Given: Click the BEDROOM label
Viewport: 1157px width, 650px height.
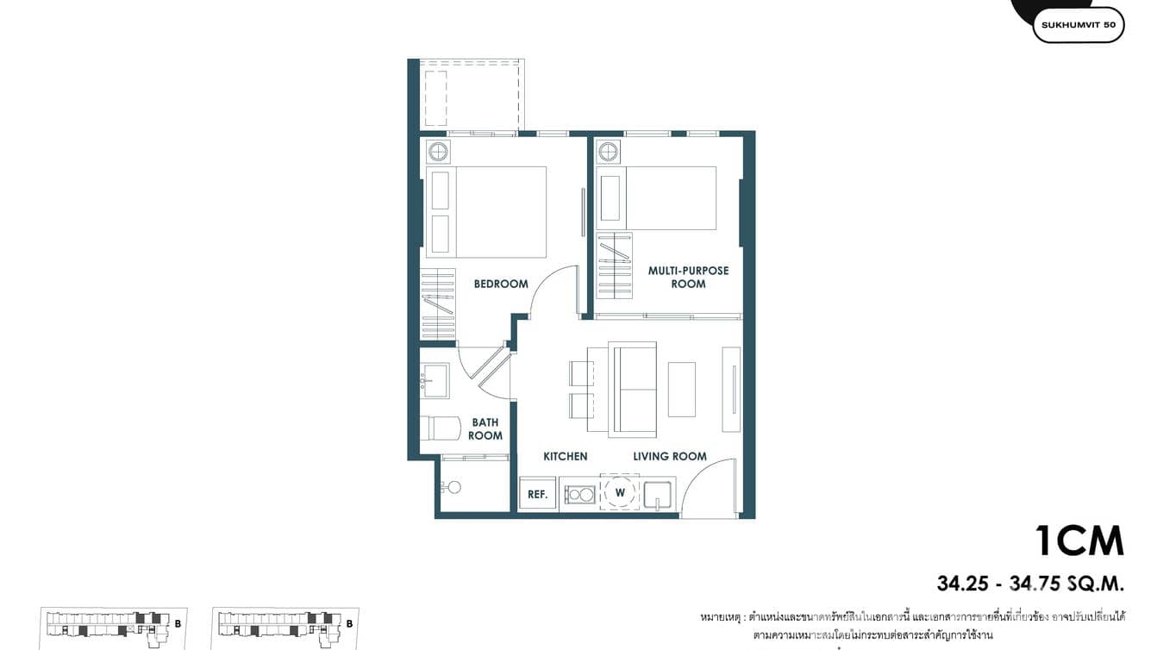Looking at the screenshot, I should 501,284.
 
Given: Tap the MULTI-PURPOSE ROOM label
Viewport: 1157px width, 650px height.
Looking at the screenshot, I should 688,277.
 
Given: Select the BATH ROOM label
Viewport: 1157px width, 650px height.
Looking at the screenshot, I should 485,429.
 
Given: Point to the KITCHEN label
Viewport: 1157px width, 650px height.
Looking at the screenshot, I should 565,456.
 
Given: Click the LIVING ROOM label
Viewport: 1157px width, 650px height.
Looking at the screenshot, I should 670,456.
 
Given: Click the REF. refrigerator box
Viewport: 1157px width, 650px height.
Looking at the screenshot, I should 538,494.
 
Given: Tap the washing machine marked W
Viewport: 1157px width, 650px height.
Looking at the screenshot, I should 620,493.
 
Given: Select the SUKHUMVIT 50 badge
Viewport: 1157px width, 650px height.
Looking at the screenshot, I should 1078,25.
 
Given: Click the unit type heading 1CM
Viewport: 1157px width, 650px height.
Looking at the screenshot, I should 1079,541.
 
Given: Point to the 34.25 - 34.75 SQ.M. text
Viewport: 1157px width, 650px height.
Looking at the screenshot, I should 1030,584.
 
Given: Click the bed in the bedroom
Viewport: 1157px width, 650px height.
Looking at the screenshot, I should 500,212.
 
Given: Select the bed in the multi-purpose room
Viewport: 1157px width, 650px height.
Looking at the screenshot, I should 670,198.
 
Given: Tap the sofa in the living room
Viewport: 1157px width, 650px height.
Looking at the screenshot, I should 632,388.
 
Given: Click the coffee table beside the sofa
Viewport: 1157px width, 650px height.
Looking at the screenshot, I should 681,390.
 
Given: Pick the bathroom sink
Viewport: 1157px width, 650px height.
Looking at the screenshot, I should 435,380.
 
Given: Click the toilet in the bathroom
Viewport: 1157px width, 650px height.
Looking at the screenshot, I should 440,428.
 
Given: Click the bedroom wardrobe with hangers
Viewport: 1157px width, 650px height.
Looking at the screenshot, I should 437,305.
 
